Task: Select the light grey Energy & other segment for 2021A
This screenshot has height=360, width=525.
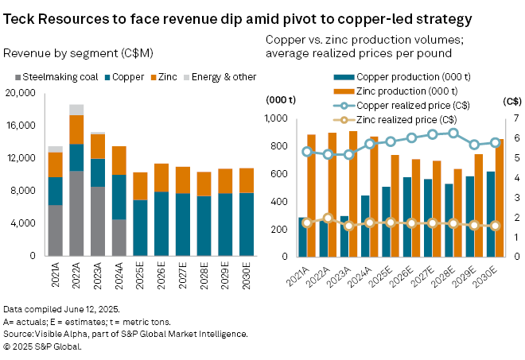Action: pos(55,149)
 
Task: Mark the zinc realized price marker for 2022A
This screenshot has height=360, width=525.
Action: pos(328,218)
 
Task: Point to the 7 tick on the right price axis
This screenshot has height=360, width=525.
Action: pos(515,119)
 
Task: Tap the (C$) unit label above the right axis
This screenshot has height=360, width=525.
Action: pos(511,101)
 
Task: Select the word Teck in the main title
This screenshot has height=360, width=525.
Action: pos(23,18)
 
